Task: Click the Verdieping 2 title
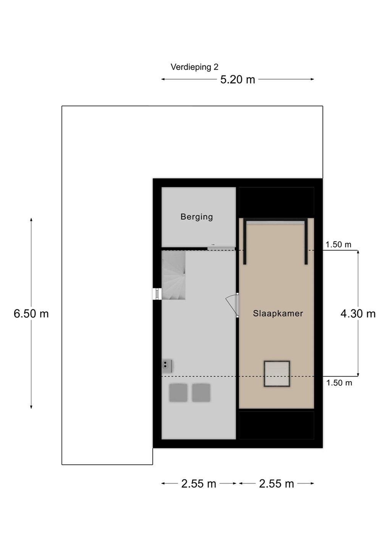(x=194, y=67)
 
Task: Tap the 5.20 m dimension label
(x=237, y=79)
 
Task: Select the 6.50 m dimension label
(x=31, y=314)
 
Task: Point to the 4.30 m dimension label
(x=358, y=314)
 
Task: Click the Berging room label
(x=197, y=217)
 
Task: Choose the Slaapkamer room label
(x=278, y=314)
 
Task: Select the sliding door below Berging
(x=221, y=249)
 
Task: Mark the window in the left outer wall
(x=157, y=294)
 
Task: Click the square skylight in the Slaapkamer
(x=277, y=374)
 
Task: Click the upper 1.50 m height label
(x=339, y=244)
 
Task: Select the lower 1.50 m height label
(x=339, y=383)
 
